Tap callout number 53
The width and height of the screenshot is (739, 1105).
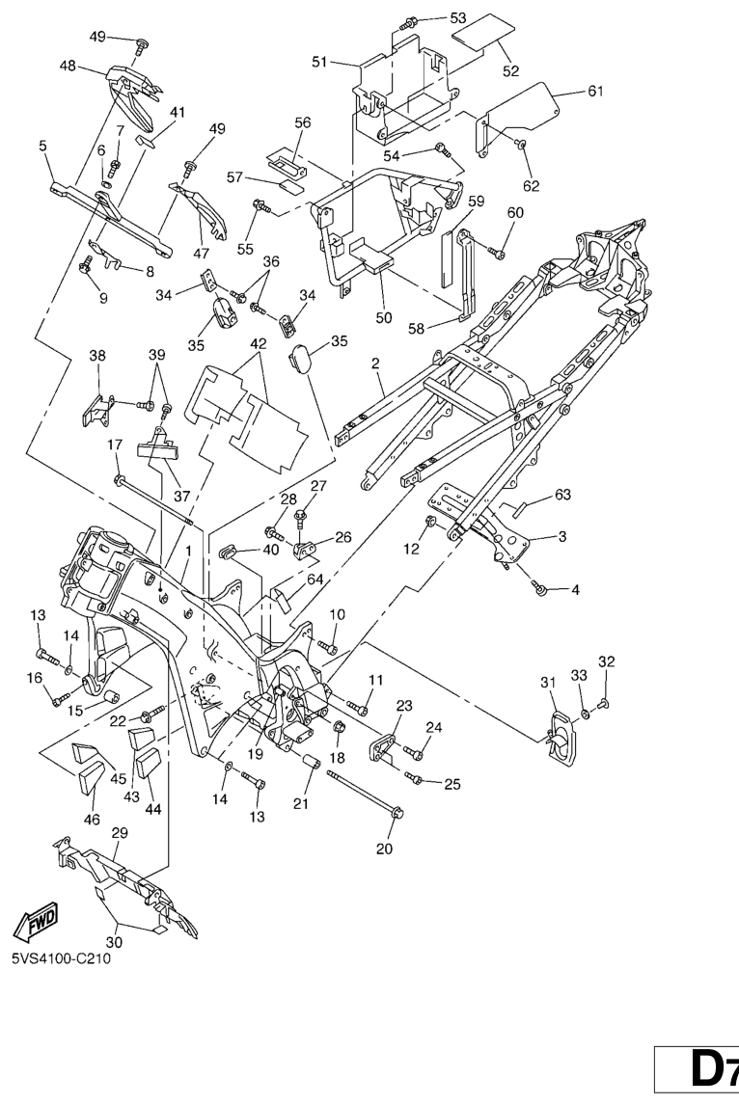click(457, 17)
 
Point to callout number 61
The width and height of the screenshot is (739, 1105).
click(595, 92)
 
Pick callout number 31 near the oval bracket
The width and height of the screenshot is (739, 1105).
click(548, 683)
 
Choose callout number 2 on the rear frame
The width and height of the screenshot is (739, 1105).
click(375, 364)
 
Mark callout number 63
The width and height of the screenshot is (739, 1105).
click(562, 496)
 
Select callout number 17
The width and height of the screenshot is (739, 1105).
click(115, 445)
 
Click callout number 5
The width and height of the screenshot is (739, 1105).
click(42, 146)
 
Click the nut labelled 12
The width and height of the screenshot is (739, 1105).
click(432, 525)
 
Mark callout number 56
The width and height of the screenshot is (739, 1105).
click(303, 123)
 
